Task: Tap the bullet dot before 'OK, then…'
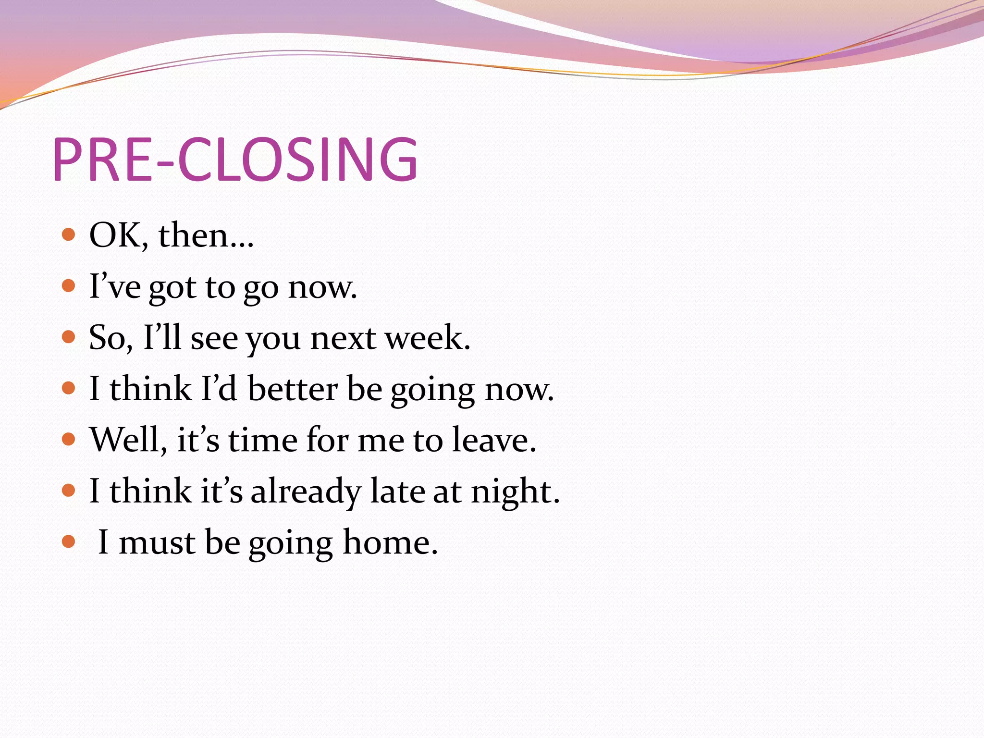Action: [69, 234]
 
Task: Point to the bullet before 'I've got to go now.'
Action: [69, 286]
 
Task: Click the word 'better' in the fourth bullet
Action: [293, 389]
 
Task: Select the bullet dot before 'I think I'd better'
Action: [69, 388]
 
